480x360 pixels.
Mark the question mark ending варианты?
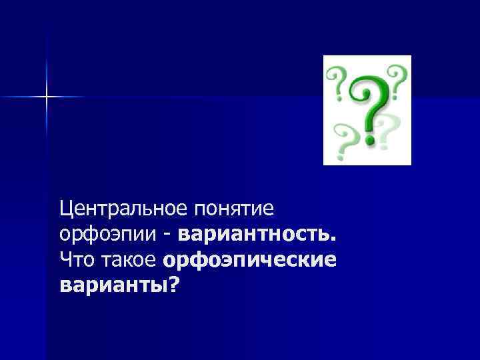174,284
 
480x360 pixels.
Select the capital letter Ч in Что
65,260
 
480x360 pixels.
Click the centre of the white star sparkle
47,97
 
